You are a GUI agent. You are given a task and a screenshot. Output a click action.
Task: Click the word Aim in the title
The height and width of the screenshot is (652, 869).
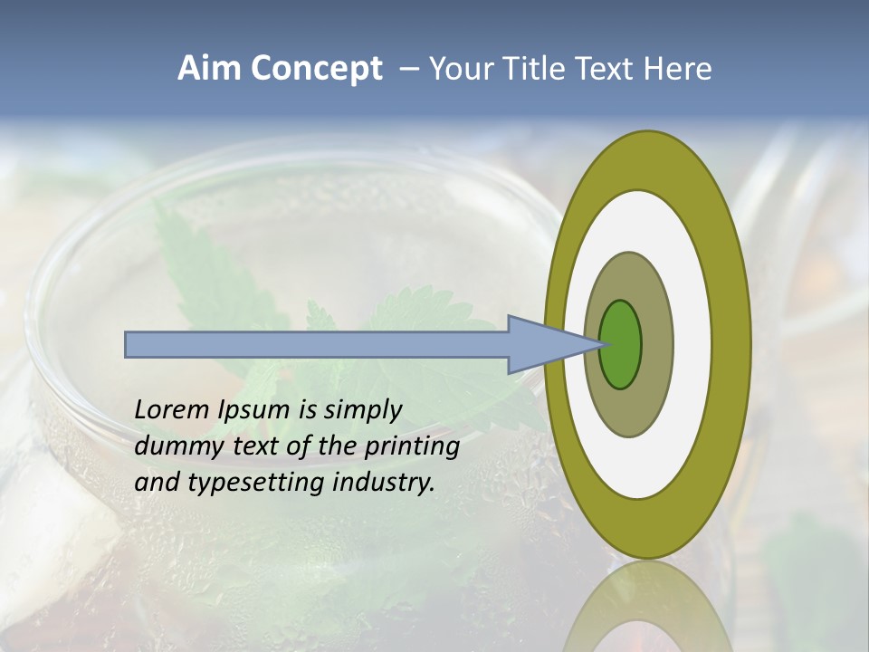coord(209,69)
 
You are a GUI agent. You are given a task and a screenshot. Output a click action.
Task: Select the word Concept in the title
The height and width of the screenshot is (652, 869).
coord(316,69)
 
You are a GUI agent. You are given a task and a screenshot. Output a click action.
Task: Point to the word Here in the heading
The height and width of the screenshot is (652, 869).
coord(677,69)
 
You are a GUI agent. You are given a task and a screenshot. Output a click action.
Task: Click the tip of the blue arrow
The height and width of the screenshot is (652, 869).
coord(600,344)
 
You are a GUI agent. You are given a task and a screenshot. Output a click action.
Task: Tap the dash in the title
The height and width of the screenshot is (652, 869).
coord(408,70)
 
